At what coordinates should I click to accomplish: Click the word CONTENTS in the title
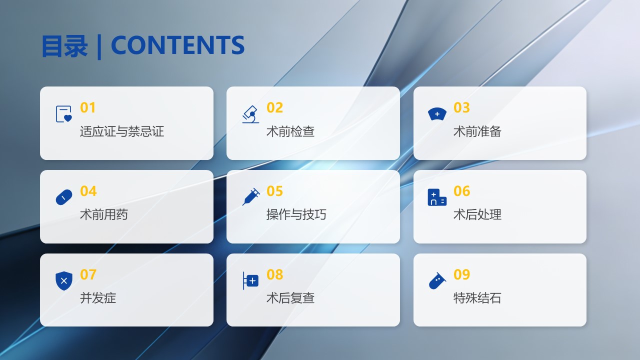[177, 45]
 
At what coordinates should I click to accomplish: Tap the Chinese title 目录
[64, 45]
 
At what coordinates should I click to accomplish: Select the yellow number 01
[87, 107]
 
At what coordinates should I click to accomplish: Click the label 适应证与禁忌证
[122, 131]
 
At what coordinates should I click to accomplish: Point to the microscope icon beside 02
[251, 114]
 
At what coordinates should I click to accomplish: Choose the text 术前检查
[290, 131]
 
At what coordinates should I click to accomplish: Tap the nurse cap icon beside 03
[437, 114]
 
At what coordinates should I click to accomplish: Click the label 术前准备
[477, 131]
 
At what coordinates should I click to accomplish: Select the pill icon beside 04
[64, 197]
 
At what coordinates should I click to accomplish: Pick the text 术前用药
[104, 214]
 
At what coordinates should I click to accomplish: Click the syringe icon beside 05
[251, 196]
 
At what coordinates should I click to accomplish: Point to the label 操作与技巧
[296, 214]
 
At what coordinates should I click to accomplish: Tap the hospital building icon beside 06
[437, 197]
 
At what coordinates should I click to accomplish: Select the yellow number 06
[461, 191]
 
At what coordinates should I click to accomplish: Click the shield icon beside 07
[64, 281]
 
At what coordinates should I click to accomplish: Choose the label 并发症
[98, 298]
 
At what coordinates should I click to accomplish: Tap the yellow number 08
[275, 274]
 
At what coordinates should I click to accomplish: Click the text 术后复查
[290, 298]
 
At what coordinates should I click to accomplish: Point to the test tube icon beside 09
[437, 281]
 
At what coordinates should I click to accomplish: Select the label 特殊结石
[477, 298]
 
